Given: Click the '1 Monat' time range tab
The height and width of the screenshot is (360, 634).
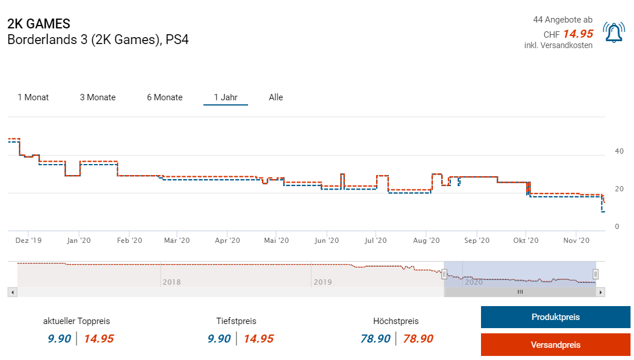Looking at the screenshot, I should pos(33,97).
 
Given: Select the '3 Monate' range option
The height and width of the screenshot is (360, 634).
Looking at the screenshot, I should pos(98,97).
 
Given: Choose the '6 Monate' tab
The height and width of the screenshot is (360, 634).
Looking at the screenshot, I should pos(165,97).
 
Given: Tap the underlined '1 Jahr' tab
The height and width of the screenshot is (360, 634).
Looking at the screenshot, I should pos(225,97).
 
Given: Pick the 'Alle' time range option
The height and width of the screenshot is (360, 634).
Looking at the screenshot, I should pos(276,97).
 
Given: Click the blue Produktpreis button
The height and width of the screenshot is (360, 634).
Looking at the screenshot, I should pos(555,317).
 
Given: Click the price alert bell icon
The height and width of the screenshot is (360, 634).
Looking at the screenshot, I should pos(614,32).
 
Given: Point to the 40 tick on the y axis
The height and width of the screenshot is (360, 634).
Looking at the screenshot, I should pos(619,151).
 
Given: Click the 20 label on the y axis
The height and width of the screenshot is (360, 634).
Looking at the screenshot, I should pos(619,189).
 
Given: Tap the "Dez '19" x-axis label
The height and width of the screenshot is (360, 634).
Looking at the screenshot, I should pos(28,241).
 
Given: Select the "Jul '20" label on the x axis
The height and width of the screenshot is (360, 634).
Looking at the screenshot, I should pos(376,241).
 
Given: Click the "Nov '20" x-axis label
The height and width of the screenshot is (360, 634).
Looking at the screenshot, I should pos(577,241).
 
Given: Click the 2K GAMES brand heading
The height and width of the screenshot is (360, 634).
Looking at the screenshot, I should pos(39,24).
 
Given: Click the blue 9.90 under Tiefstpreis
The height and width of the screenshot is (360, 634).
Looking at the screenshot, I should pos(219,339).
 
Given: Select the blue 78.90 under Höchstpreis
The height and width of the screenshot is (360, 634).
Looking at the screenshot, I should pos(376,339).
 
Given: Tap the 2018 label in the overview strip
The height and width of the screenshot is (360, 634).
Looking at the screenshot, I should pos(172,282).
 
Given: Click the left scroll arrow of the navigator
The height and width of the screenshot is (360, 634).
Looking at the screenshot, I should pos(12,292).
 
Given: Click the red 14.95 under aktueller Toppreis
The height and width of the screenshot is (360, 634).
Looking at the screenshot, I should pos(99,339).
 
